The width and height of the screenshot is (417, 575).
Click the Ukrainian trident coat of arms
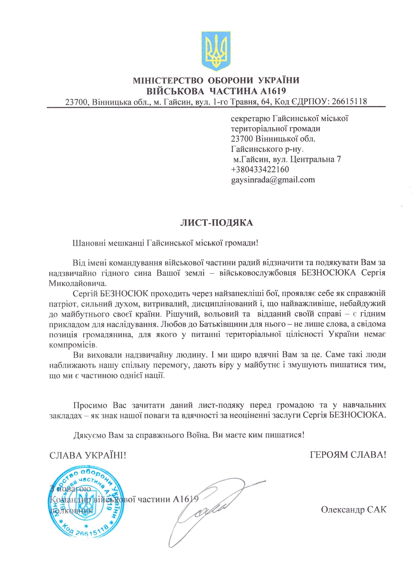tap(216, 51)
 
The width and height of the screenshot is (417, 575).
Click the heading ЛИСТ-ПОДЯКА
tap(217, 223)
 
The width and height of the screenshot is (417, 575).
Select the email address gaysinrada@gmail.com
tap(273, 180)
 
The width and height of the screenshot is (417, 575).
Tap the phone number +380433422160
tap(260, 170)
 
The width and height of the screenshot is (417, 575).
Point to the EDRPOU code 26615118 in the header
tap(350, 101)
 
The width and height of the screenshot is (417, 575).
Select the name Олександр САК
tap(353, 509)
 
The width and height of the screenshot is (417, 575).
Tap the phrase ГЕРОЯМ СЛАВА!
tap(348, 455)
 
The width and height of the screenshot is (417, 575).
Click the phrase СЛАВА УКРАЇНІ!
tap(87, 455)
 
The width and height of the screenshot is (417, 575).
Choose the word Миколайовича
tap(77, 283)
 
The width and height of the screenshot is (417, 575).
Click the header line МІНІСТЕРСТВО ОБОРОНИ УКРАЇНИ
tap(216, 80)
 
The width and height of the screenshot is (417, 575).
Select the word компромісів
tap(73, 345)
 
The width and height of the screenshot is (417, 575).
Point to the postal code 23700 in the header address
tap(77, 102)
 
